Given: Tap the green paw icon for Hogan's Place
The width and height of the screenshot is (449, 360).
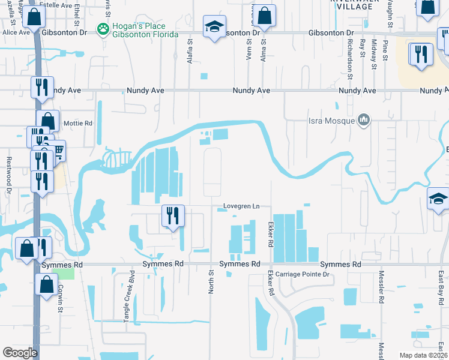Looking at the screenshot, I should point(104,28).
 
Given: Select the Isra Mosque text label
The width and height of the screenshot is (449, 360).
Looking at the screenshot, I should point(336,122).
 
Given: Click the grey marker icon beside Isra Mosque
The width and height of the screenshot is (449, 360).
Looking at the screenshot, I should point(363,121).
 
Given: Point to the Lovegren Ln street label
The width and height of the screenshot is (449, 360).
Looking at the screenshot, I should point(241,206).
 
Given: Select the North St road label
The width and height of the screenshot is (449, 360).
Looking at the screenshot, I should point(211,281).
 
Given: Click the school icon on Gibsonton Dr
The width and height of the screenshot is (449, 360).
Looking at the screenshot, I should point(213,26).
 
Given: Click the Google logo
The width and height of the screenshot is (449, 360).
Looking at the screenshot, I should point(20,352).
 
